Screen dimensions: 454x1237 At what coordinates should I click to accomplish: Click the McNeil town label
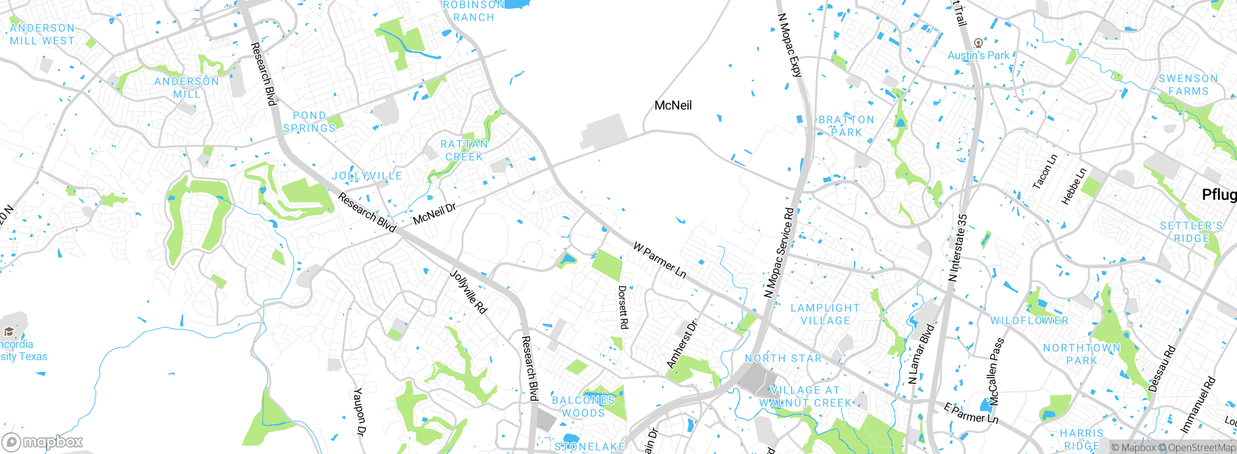coord(673,105)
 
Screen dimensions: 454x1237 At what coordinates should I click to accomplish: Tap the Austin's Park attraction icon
coord(978,43)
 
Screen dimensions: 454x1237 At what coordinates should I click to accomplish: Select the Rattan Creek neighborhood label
coord(464,150)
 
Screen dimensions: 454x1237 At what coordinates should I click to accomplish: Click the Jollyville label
coord(367,176)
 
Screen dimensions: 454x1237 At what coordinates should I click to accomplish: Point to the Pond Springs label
coord(309,122)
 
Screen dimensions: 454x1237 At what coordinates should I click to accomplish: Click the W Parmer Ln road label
coord(659,261)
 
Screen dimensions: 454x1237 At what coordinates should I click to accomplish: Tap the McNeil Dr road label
coord(434,213)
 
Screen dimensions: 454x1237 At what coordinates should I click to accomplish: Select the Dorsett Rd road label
coord(623,307)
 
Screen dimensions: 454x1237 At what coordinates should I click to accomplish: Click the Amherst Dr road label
coord(682,344)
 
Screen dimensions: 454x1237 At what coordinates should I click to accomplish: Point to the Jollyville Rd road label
coord(467,292)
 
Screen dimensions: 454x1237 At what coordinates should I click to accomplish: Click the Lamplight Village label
coord(825,314)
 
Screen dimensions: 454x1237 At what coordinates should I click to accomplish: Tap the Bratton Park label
coord(846,126)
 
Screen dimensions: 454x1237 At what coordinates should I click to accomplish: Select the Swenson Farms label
coord(1188,85)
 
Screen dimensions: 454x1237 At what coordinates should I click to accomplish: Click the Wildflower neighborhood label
coord(1029,321)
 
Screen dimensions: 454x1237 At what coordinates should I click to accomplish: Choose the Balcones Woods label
coord(583,406)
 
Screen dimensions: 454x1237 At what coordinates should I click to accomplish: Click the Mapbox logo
coord(43,441)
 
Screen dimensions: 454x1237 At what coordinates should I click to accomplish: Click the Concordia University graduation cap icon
coord(9,331)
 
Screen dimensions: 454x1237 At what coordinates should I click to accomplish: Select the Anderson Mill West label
coord(43,34)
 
